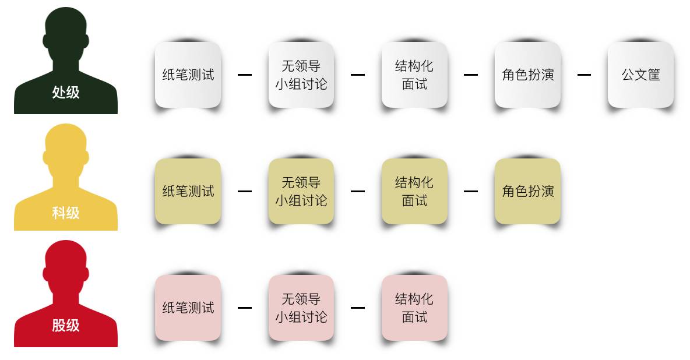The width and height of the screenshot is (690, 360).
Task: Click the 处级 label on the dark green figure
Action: click(66, 92)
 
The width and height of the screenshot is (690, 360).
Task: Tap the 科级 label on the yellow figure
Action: click(66, 213)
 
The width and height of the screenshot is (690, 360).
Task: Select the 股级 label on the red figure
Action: click(66, 325)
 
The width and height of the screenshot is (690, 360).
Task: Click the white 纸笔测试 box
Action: click(188, 75)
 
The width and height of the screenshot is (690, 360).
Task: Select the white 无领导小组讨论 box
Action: click(301, 75)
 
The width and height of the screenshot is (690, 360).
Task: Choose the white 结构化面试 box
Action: click(414, 75)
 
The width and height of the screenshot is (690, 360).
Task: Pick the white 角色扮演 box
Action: click(527, 75)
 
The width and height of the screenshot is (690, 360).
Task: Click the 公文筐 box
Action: click(640, 75)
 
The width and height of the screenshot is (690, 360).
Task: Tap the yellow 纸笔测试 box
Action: click(188, 191)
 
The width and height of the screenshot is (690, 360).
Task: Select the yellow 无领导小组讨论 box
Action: click(301, 191)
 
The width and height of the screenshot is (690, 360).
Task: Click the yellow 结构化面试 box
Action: click(414, 191)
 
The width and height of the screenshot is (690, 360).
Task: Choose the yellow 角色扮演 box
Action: click(527, 191)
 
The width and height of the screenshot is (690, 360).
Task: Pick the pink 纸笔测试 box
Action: click(188, 308)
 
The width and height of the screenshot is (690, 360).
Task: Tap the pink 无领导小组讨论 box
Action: click(301, 308)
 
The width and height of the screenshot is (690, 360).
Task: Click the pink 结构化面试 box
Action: click(414, 308)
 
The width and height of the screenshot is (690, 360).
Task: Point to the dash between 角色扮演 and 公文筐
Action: click(584, 75)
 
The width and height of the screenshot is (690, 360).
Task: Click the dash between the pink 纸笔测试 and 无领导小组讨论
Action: click(245, 308)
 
